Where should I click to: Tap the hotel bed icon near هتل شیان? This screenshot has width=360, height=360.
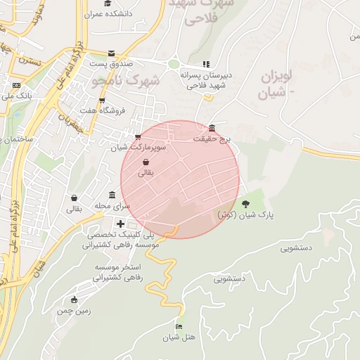click(x=179, y=327)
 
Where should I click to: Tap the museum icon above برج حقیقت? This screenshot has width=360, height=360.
click(x=212, y=127)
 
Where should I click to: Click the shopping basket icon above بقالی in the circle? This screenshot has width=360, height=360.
click(x=146, y=162)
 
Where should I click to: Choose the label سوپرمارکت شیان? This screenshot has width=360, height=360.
click(x=138, y=148)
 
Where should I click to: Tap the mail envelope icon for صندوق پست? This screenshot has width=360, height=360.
click(x=111, y=53)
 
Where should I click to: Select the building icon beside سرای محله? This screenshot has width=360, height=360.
click(x=112, y=195)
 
